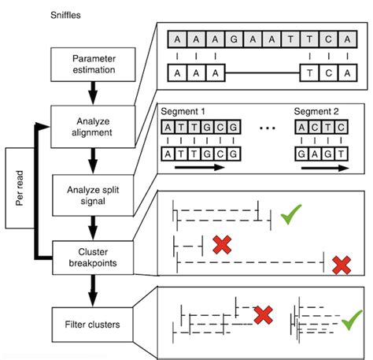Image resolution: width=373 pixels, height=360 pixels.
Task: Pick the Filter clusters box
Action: pyautogui.click(x=93, y=322)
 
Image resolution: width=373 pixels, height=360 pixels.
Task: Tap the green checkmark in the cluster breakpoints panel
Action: pyautogui.click(x=293, y=213)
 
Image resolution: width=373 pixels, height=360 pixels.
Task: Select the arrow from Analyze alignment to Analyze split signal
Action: pyautogui.click(x=93, y=160)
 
